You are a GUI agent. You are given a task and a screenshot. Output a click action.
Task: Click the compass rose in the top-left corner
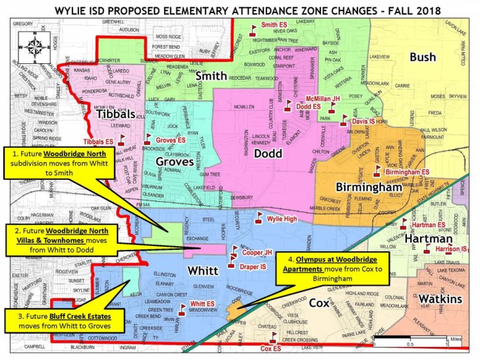click(x=29, y=47)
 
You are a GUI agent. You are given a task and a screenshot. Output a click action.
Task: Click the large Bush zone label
click(x=423, y=57)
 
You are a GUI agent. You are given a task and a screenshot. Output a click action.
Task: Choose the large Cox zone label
click(x=320, y=303)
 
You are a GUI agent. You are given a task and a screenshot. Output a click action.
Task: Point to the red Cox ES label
click(x=274, y=347)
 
